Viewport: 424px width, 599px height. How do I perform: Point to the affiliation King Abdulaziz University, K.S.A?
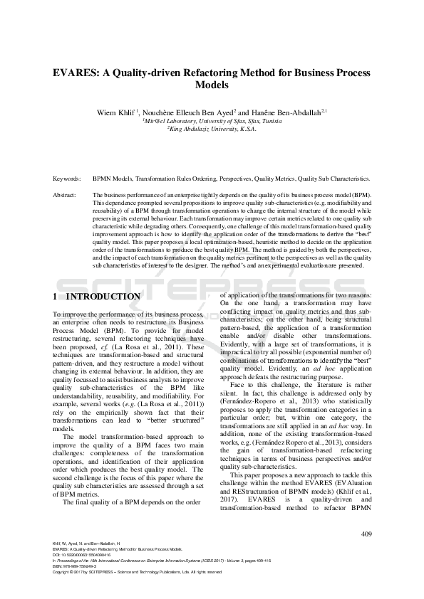point(212,129)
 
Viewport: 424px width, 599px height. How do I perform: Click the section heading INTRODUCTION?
point(107,296)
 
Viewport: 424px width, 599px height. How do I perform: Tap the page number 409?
point(368,534)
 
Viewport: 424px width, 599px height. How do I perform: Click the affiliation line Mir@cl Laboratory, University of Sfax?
point(212,121)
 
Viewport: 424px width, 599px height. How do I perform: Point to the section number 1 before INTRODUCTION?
point(56,296)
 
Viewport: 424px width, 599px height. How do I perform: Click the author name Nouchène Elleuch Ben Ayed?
point(188,112)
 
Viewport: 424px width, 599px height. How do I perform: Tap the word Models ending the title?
point(212,85)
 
